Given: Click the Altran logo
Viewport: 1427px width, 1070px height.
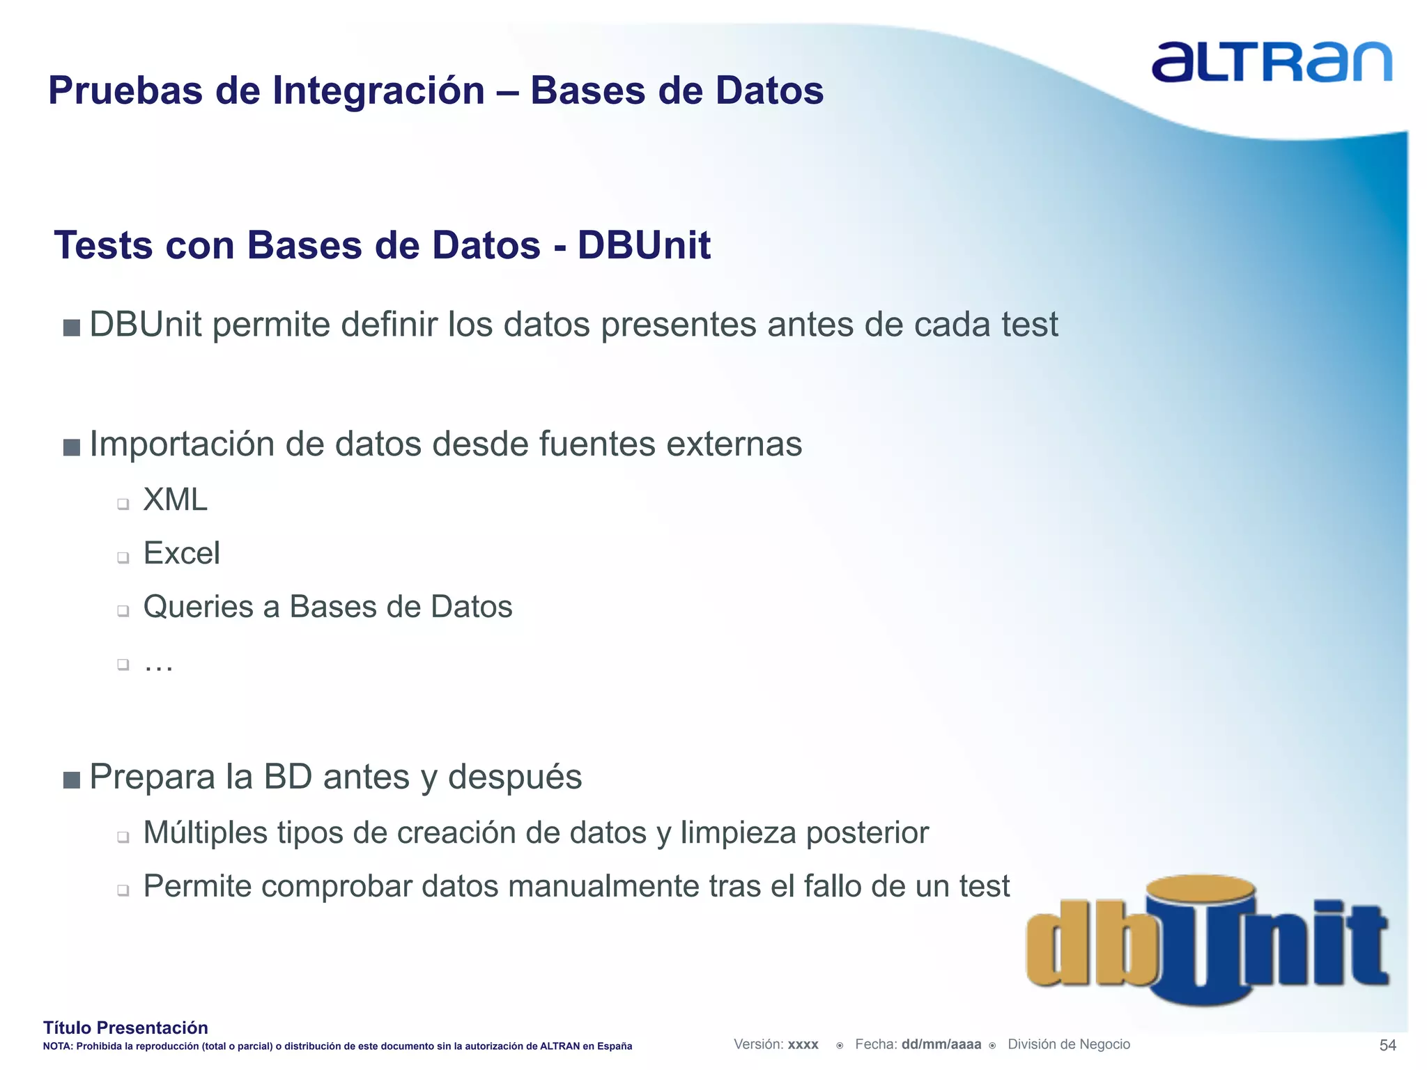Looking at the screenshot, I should tap(1271, 63).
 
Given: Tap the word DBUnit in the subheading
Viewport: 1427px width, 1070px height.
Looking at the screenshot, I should tap(644, 245).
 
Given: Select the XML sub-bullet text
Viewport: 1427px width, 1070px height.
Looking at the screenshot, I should tap(175, 500).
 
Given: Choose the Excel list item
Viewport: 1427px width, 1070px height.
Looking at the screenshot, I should tap(181, 554).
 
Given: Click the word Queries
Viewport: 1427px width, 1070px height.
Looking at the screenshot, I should tap(198, 607).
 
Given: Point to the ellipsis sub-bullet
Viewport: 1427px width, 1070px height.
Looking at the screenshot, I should tap(158, 665).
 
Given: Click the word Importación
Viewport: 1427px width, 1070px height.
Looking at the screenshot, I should tap(182, 444).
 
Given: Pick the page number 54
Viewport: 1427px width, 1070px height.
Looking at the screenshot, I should tap(1387, 1046).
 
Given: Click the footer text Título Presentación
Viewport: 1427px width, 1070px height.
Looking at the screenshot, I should tap(125, 1028).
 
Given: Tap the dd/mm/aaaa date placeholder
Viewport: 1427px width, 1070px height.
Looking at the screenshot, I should tap(941, 1044).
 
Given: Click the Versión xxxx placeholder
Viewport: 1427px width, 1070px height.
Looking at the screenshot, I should tap(776, 1044).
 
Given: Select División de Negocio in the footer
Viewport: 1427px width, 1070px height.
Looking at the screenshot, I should tap(1068, 1044).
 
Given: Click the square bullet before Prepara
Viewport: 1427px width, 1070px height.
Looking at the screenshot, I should tap(71, 780).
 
